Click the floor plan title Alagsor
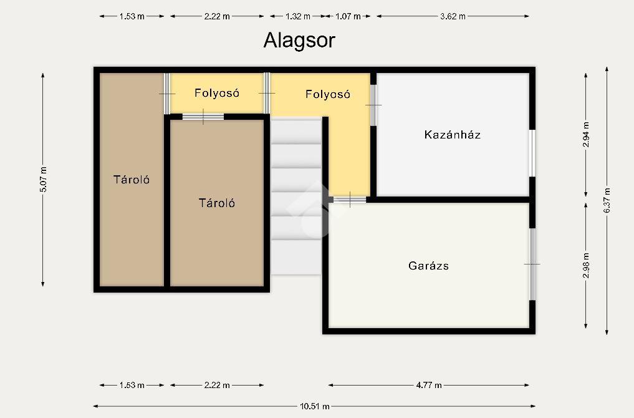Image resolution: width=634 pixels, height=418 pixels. tap(299, 41)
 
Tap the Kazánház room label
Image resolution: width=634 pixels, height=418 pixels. tap(453, 134)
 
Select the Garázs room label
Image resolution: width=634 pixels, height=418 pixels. tap(429, 266)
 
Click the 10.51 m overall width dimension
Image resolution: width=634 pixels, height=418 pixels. tap(315, 406)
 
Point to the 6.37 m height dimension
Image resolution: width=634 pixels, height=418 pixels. tap(607, 200)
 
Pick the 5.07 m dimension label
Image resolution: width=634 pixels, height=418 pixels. tap(43, 179)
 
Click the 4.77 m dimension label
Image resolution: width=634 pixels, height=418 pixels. tap(429, 385)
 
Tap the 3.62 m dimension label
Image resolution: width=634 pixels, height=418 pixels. tap(453, 17)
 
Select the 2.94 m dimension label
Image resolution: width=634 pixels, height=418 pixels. tap(586, 134)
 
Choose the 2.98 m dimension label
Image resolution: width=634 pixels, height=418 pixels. tap(586, 265)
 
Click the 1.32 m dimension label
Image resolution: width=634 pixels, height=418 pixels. tap(297, 17)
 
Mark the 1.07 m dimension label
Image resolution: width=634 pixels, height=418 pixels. tap(348, 17)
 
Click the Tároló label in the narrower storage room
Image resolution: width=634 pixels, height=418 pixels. tap(132, 180)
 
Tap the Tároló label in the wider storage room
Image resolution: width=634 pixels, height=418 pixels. tap(217, 203)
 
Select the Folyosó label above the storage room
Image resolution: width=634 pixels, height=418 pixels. tap(217, 93)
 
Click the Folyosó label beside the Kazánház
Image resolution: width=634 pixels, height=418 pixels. tap(327, 94)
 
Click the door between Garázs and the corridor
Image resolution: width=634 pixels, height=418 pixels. tap(350, 200)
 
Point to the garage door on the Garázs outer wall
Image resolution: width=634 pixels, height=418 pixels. tap(532, 265)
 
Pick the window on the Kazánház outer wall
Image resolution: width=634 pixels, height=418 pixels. tap(532, 153)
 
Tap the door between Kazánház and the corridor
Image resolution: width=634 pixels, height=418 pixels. tap(373, 105)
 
